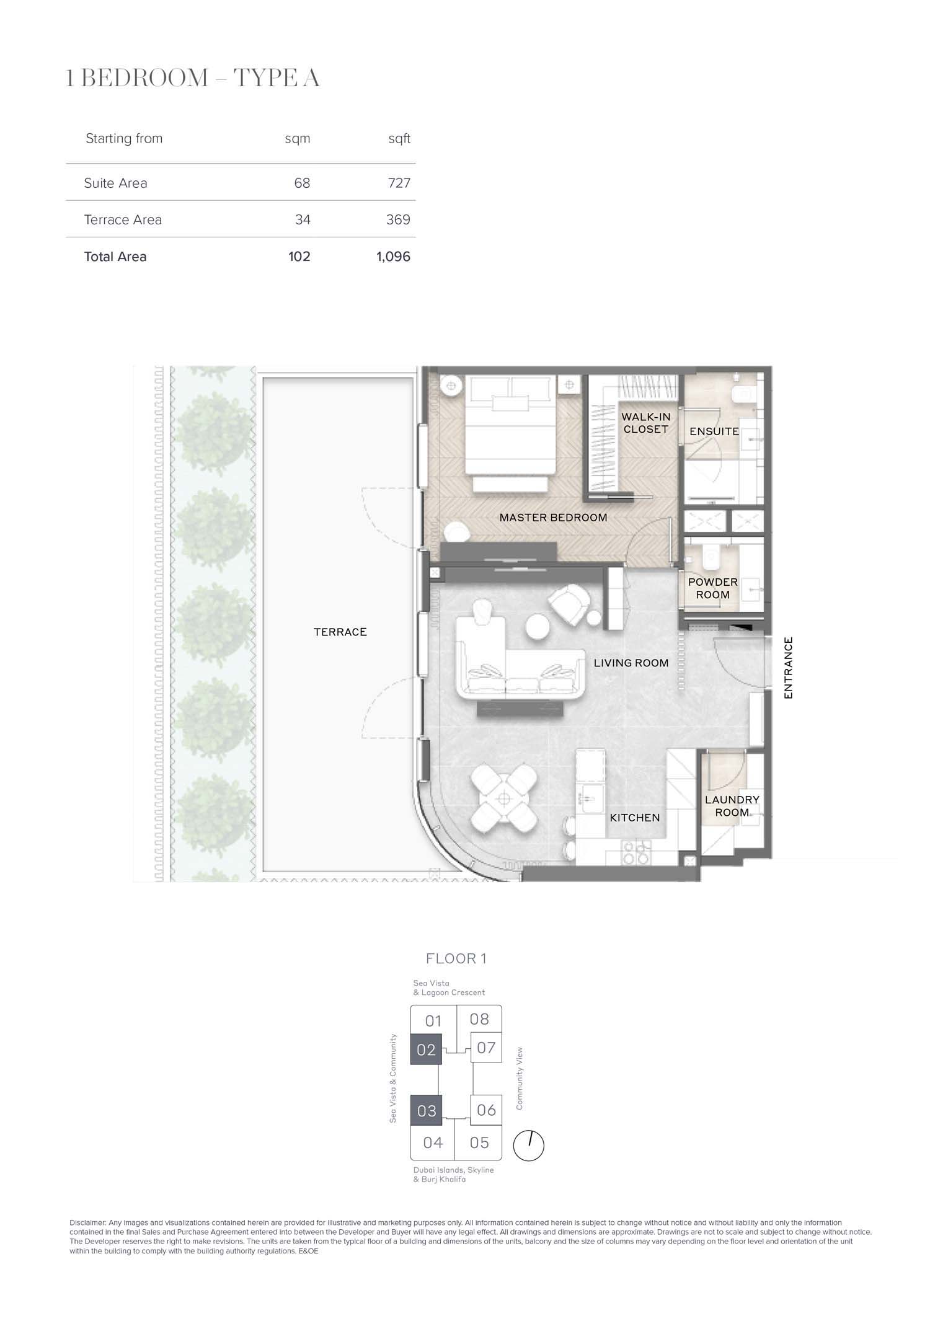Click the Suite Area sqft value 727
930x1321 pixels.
pyautogui.click(x=399, y=183)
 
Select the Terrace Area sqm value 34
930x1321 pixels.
pyautogui.click(x=303, y=219)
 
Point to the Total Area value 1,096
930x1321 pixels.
pyautogui.click(x=393, y=257)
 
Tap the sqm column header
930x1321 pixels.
pyautogui.click(x=298, y=139)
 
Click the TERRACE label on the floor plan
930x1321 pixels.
pyautogui.click(x=340, y=632)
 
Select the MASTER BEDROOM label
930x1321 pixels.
pyautogui.click(x=554, y=518)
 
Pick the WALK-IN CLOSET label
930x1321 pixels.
pyautogui.click(x=646, y=423)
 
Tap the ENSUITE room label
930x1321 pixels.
pyautogui.click(x=714, y=431)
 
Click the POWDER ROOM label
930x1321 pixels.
pyautogui.click(x=713, y=588)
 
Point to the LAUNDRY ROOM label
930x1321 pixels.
pyautogui.click(x=732, y=806)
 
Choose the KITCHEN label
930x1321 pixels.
pyautogui.click(x=635, y=818)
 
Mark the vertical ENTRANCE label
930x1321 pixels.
pyautogui.click(x=789, y=668)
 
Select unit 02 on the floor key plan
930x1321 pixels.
pyautogui.click(x=426, y=1049)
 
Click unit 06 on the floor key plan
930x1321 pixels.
pyautogui.click(x=486, y=1110)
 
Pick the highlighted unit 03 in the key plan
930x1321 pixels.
pyautogui.click(x=426, y=1110)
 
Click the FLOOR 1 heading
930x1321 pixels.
pyautogui.click(x=456, y=959)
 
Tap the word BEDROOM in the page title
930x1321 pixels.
pyautogui.click(x=144, y=79)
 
